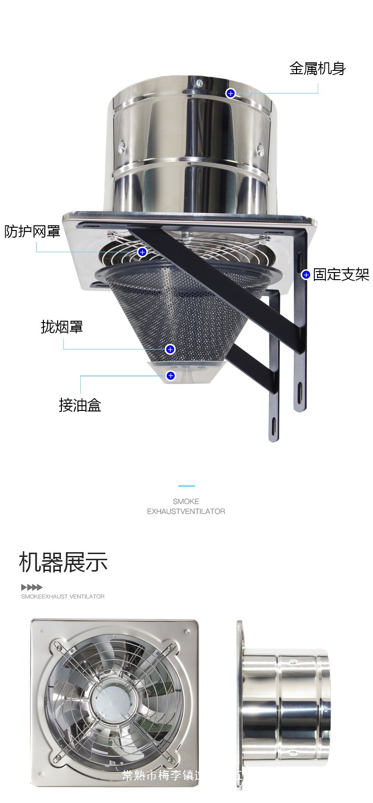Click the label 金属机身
[317, 69]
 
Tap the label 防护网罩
[32, 231]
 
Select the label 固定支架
[341, 274]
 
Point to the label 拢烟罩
[62, 326]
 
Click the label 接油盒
[80, 405]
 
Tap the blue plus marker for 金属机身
[230, 93]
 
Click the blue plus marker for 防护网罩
[142, 252]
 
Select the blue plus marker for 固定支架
[306, 274]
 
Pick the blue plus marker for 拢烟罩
[170, 349]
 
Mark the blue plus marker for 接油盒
[171, 376]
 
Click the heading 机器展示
[63, 562]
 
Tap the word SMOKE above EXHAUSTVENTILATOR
[186, 501]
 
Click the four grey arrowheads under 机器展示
[32, 587]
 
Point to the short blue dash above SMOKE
[186, 486]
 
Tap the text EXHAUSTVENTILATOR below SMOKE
[186, 511]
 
